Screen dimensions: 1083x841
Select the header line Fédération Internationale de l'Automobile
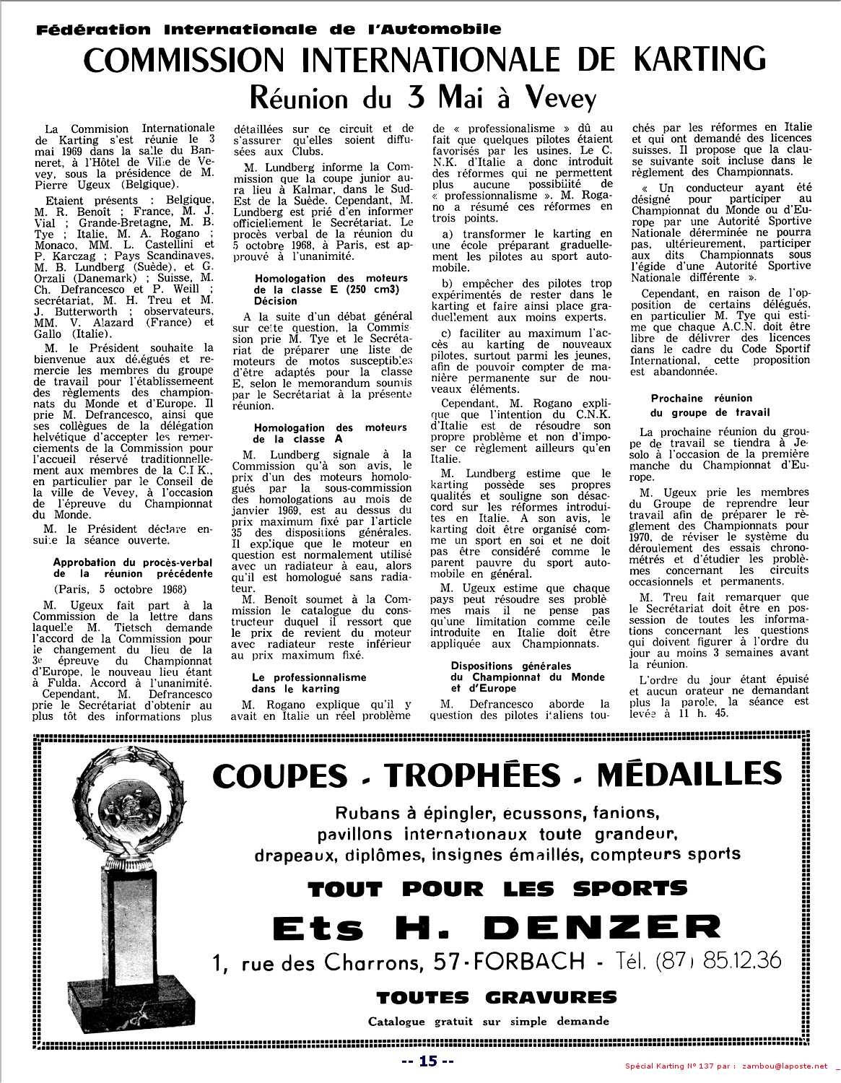(x=269, y=30)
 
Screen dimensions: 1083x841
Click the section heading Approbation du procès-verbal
(x=134, y=567)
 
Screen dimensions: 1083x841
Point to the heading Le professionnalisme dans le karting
(x=309, y=683)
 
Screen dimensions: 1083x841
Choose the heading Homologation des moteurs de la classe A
(x=331, y=433)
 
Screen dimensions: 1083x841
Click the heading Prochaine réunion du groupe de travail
(x=701, y=405)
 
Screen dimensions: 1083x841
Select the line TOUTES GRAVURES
(x=496, y=998)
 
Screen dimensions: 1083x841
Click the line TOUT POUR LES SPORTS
(x=497, y=889)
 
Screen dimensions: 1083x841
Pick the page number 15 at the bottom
(x=428, y=1061)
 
